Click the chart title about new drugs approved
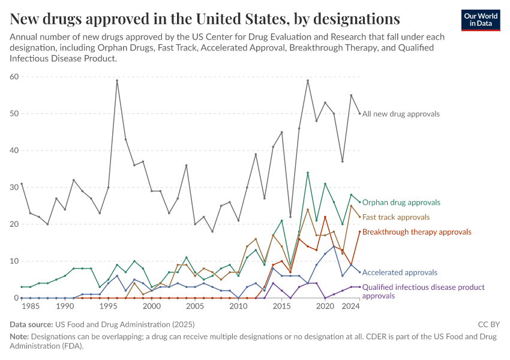tap(205, 19)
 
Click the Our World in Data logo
tap(481, 20)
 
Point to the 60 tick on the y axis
tap(14, 76)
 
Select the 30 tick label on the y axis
tap(14, 187)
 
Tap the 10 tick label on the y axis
tap(14, 261)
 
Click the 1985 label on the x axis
tap(30, 306)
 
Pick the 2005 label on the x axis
tap(195, 306)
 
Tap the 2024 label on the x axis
tap(351, 306)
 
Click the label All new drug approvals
tap(401, 113)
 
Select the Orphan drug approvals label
tap(401, 202)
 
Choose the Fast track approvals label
tap(396, 217)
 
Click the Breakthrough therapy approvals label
tap(416, 232)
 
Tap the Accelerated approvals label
tap(400, 272)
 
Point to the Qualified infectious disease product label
tap(423, 287)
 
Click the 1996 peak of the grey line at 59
tap(117, 80)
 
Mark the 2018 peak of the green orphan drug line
tap(308, 173)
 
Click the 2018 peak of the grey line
tap(308, 80)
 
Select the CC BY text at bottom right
tap(489, 325)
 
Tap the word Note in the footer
tap(18, 337)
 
